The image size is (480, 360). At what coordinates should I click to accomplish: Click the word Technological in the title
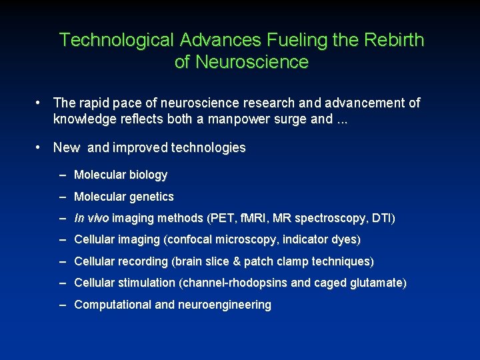pyautogui.click(x=116, y=40)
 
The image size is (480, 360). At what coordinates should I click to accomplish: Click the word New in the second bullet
pyautogui.click(x=67, y=148)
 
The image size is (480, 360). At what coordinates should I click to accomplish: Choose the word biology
pyautogui.click(x=148, y=175)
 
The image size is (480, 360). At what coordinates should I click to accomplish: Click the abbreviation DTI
pyautogui.click(x=382, y=218)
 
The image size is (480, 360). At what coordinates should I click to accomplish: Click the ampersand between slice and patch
pyautogui.click(x=235, y=261)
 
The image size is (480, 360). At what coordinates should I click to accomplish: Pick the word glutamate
pyautogui.click(x=378, y=283)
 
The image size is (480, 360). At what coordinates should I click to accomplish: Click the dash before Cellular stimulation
pyautogui.click(x=63, y=283)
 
